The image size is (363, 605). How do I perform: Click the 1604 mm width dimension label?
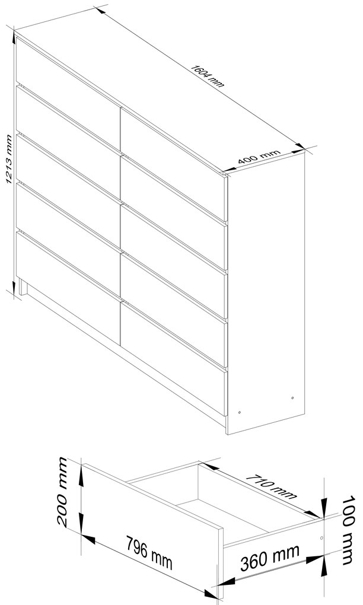coord(207,77)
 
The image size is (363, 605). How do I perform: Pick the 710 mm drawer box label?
coord(271,486)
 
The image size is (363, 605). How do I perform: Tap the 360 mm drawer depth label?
coord(270,558)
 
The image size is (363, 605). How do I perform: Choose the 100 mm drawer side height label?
coord(348,530)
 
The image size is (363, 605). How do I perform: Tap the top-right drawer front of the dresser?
coord(173,164)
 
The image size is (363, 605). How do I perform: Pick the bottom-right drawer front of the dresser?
coord(173,358)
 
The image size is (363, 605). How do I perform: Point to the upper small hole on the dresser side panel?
coord(292,398)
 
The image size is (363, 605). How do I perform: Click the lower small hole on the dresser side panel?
coord(240,412)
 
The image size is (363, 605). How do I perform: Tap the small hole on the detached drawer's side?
coord(321,538)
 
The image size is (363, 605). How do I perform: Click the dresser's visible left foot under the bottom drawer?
coord(23,288)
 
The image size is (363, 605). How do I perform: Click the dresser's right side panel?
coord(266,293)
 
